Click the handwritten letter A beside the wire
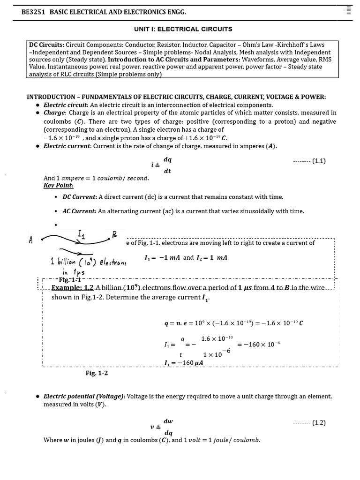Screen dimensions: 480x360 coord(31,240)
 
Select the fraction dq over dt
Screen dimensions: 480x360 coord(167,165)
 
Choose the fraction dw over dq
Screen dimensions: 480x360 coord(168,427)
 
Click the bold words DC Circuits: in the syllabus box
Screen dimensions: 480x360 coord(46,45)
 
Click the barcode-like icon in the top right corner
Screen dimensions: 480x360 coord(348,10)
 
